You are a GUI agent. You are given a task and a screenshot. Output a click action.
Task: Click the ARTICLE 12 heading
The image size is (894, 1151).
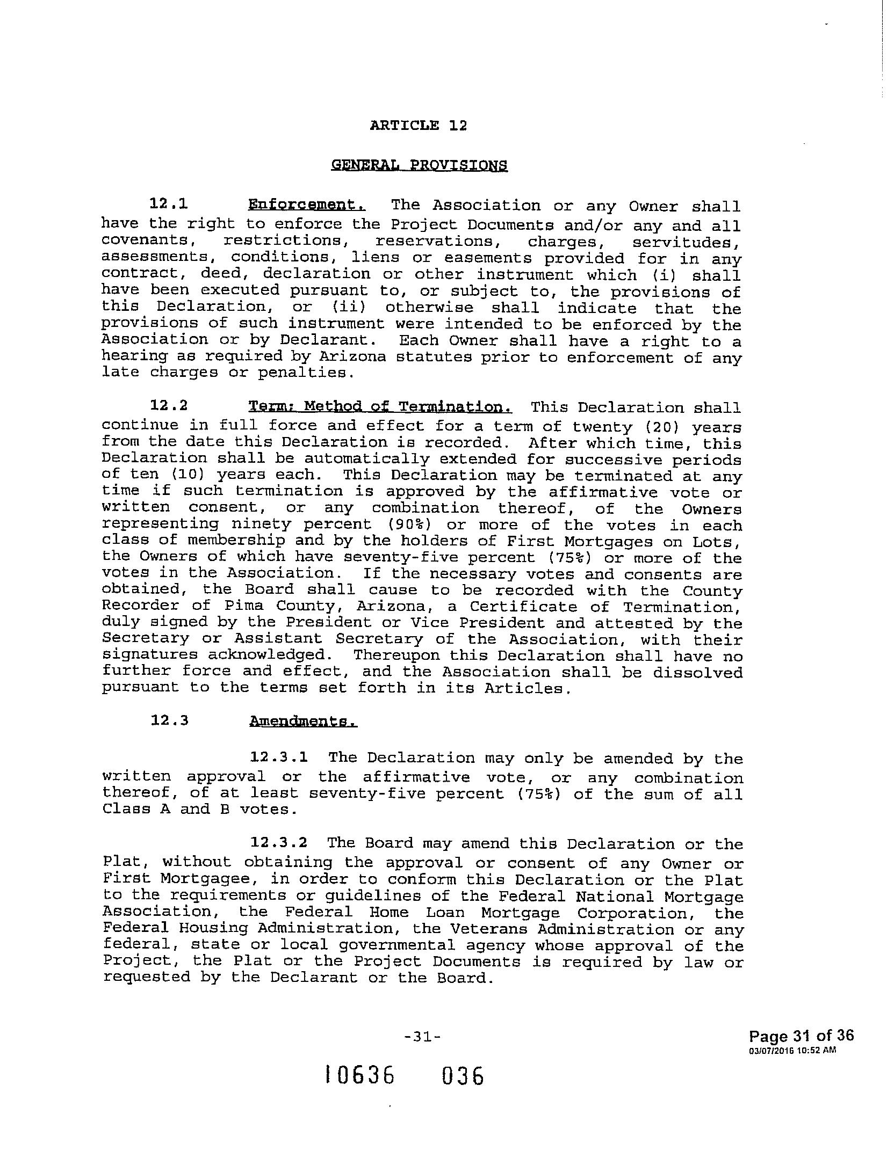[x=419, y=126]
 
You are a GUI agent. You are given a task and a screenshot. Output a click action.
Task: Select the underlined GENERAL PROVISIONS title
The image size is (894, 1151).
[x=419, y=165]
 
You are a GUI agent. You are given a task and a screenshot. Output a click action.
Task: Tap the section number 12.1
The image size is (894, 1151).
[x=169, y=204]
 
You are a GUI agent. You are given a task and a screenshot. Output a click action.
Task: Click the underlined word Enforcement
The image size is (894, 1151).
[x=307, y=205]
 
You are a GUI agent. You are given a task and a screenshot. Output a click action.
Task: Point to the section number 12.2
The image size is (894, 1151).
[x=169, y=405]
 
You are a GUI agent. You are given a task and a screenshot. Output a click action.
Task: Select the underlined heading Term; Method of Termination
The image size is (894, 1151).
[x=380, y=406]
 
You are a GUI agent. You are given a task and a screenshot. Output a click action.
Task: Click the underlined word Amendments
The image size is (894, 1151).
[x=303, y=721]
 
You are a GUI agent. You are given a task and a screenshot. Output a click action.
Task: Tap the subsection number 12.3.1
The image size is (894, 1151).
[x=279, y=757]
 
